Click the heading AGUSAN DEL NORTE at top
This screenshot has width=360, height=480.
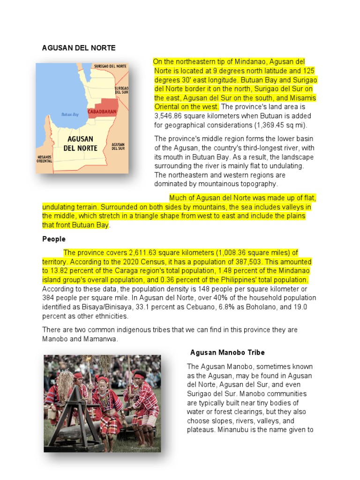pyautogui.click(x=79, y=48)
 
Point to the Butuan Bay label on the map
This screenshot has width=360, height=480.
pyautogui.click(x=70, y=114)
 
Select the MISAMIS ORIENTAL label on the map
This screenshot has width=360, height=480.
pyautogui.click(x=44, y=159)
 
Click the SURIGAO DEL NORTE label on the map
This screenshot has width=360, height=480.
pyautogui.click(x=111, y=67)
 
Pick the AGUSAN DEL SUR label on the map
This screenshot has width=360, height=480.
pyautogui.click(x=118, y=146)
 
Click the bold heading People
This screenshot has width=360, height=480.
pyautogui.click(x=54, y=239)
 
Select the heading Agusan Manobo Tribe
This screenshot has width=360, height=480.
pyautogui.click(x=227, y=352)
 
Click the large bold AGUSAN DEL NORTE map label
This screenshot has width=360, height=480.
pyautogui.click(x=80, y=143)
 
